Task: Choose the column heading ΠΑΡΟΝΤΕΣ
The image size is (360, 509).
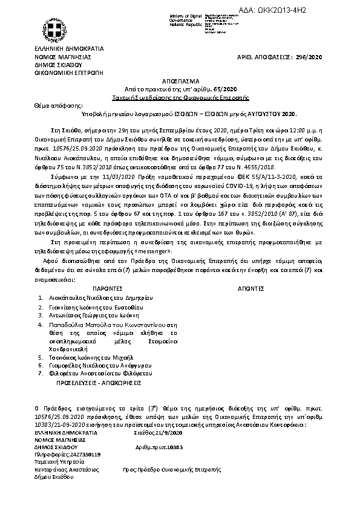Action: tap(110, 289)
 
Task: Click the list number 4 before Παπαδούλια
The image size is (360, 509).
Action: tap(40, 325)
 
